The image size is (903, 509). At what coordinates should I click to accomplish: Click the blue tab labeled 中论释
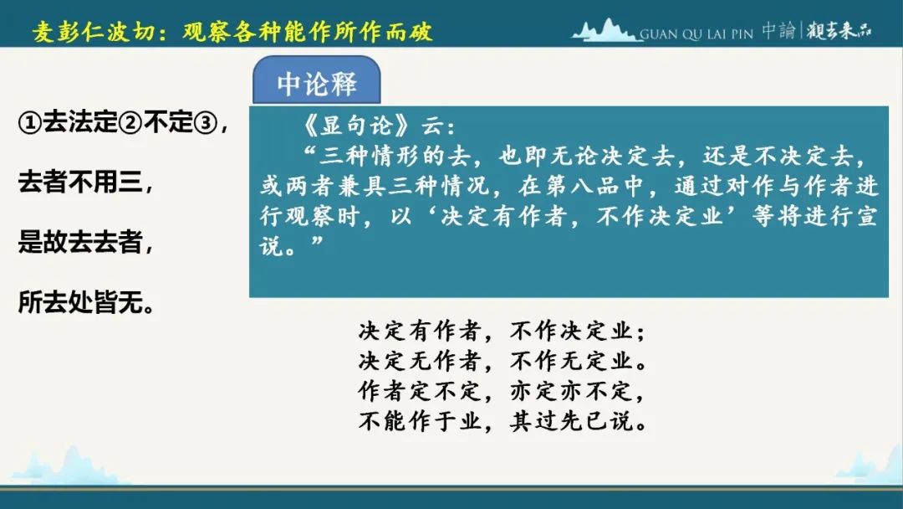click(x=316, y=80)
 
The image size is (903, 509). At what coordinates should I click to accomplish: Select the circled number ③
click(x=206, y=122)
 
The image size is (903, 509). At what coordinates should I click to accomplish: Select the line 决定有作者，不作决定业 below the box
click(x=502, y=331)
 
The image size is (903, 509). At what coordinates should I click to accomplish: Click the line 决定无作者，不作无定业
click(x=502, y=361)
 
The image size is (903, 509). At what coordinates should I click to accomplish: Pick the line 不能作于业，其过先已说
click(x=502, y=421)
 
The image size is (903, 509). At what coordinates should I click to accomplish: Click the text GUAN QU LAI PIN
click(x=696, y=34)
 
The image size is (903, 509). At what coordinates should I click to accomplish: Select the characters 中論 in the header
click(x=778, y=30)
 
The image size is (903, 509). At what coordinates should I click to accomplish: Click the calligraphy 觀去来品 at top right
click(x=839, y=30)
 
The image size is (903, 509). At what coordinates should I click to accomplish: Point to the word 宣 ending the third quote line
click(x=867, y=216)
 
